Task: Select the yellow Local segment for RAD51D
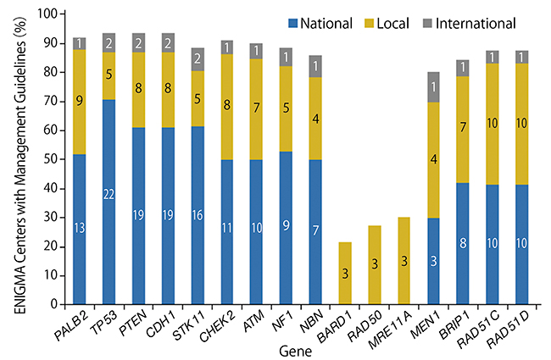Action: (521, 125)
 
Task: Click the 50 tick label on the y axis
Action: (49, 159)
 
